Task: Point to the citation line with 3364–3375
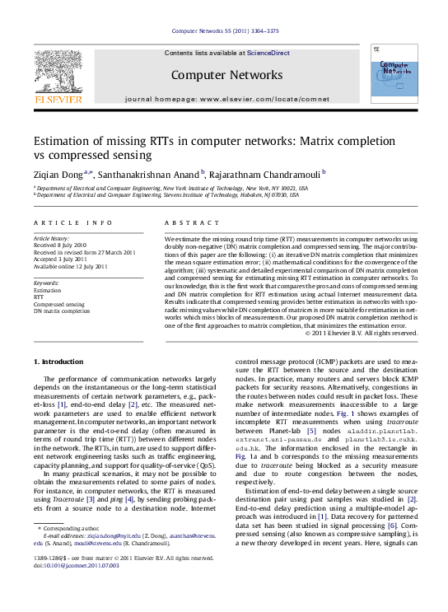[x=223, y=30]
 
